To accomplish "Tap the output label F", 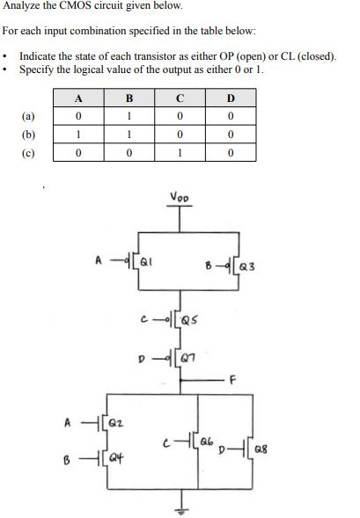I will pyautogui.click(x=233, y=381).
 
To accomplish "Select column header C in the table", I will pyautogui.click(x=179, y=98).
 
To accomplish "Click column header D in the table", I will pyautogui.click(x=229, y=98).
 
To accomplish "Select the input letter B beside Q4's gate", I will pyautogui.click(x=77, y=457).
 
